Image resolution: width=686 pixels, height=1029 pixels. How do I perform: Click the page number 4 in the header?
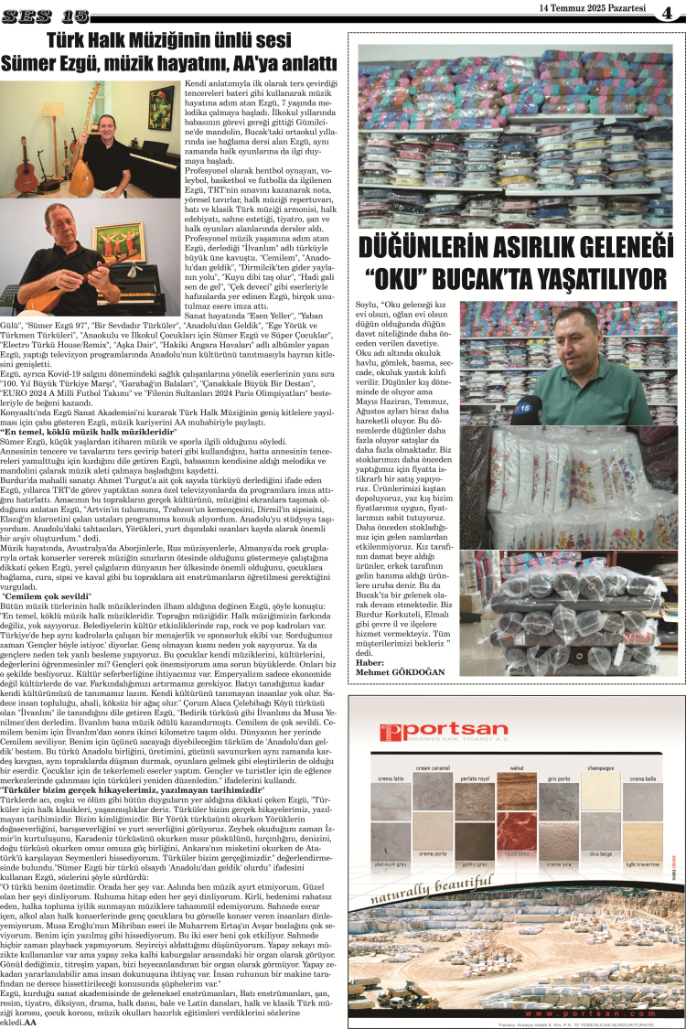[667, 11]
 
